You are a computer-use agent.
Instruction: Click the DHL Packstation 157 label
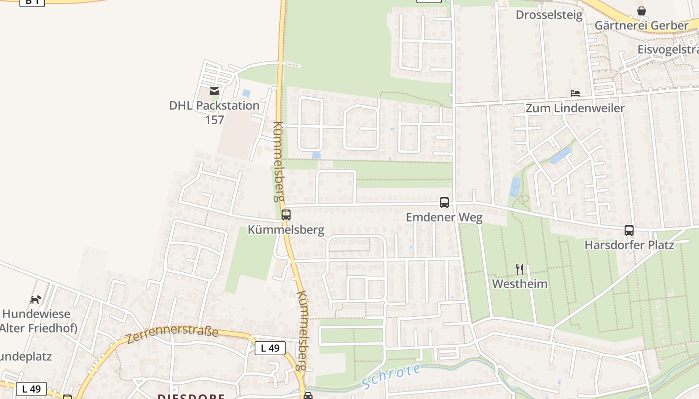(x=214, y=112)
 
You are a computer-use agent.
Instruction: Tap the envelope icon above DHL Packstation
(x=214, y=91)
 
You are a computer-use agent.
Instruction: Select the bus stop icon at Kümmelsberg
(x=286, y=215)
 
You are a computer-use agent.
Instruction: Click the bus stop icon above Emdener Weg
(x=444, y=202)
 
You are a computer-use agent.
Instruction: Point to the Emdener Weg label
(x=444, y=217)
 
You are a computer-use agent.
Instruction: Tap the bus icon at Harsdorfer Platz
(x=629, y=230)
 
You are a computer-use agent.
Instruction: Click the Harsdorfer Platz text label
(x=629, y=245)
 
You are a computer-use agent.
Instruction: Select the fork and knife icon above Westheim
(x=520, y=269)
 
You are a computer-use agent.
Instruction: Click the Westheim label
(x=520, y=284)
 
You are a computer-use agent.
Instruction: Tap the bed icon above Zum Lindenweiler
(x=575, y=93)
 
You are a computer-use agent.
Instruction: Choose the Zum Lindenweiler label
(x=575, y=108)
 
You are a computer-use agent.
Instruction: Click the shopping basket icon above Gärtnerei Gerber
(x=642, y=11)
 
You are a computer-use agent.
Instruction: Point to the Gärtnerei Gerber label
(x=642, y=25)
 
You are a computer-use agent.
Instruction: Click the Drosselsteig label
(x=549, y=15)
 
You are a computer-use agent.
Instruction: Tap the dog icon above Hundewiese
(x=36, y=299)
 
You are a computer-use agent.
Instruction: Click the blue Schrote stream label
(x=390, y=377)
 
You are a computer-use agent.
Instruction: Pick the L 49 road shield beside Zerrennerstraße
(x=270, y=348)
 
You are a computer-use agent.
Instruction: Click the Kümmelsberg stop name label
(x=286, y=230)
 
